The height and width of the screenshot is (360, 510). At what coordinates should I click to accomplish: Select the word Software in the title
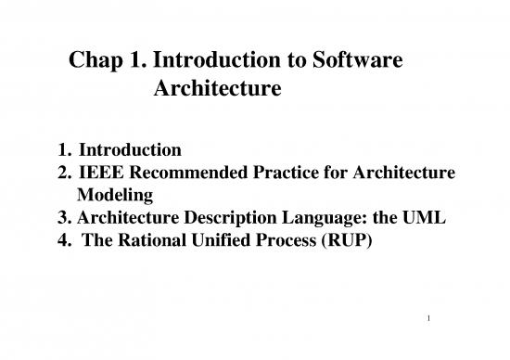pyautogui.click(x=359, y=63)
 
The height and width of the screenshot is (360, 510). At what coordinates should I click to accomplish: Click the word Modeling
pyautogui.click(x=113, y=195)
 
